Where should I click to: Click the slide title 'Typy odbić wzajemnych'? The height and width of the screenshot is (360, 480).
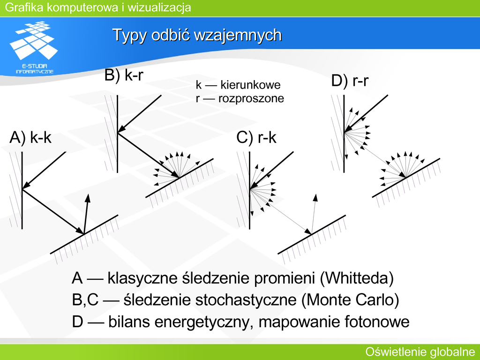click(x=197, y=35)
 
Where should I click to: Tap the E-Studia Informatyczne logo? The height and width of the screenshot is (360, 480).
click(x=34, y=47)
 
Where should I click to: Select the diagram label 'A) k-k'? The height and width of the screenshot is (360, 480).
click(x=30, y=137)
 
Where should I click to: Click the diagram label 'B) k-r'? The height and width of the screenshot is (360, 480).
click(x=124, y=75)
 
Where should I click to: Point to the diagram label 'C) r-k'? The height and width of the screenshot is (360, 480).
click(x=256, y=137)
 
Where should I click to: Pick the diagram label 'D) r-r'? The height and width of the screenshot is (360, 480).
click(x=350, y=81)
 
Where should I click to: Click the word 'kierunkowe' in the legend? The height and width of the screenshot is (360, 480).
click(x=250, y=85)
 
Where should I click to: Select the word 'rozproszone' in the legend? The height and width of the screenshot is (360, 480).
click(x=251, y=98)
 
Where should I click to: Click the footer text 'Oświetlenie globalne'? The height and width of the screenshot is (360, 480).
click(x=420, y=352)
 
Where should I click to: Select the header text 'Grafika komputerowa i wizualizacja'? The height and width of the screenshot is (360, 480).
click(x=98, y=7)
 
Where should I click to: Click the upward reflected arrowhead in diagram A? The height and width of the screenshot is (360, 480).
click(x=88, y=198)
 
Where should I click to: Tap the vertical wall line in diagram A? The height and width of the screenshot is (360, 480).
click(x=22, y=190)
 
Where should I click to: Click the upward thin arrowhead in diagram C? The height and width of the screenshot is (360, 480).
click(x=315, y=197)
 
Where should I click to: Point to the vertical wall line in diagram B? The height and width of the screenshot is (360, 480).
click(x=118, y=134)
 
